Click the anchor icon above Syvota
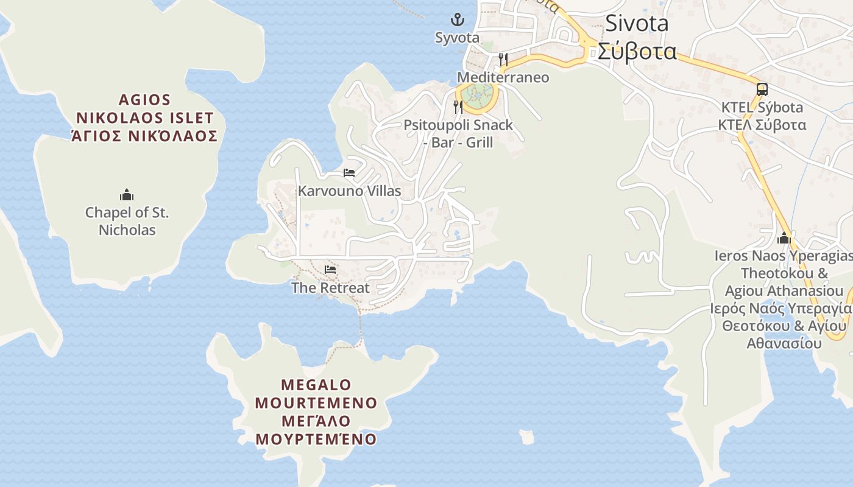click(x=457, y=19)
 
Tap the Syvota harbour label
click(x=457, y=37)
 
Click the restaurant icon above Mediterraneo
click(x=503, y=59)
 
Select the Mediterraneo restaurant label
click(x=503, y=77)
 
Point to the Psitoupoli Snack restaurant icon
click(x=458, y=107)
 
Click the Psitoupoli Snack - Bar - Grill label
click(x=458, y=134)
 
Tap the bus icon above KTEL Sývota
click(x=762, y=89)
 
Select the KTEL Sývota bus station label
click(x=762, y=116)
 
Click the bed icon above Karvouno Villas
click(x=349, y=173)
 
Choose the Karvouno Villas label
click(x=349, y=191)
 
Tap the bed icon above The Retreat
click(x=330, y=269)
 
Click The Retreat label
click(x=330, y=287)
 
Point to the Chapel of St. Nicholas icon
click(x=127, y=195)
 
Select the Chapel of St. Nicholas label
click(x=127, y=222)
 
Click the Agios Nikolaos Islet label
click(x=144, y=117)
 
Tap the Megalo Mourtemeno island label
click(x=316, y=412)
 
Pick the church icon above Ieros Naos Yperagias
click(x=784, y=238)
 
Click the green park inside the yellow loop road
click(x=477, y=94)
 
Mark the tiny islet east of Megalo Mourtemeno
click(x=527, y=436)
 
